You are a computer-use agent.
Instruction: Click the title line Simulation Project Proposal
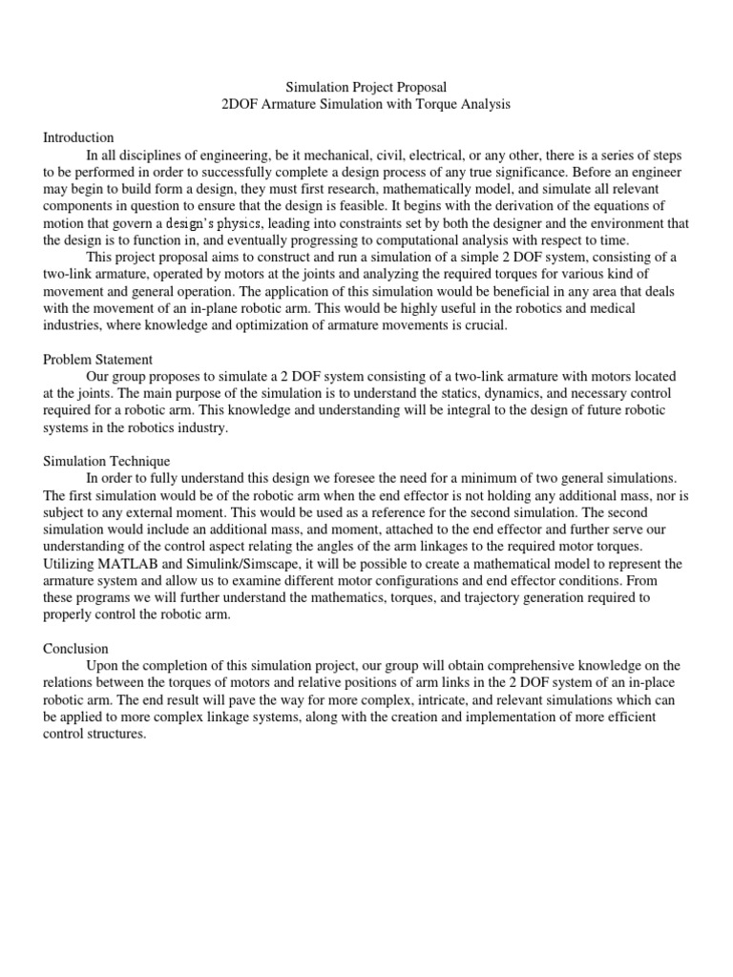(x=366, y=87)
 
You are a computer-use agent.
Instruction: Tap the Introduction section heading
(x=78, y=137)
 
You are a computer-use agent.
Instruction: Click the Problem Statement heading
(x=97, y=360)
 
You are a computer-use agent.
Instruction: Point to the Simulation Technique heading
(x=106, y=461)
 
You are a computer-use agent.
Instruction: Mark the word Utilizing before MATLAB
(x=70, y=563)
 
